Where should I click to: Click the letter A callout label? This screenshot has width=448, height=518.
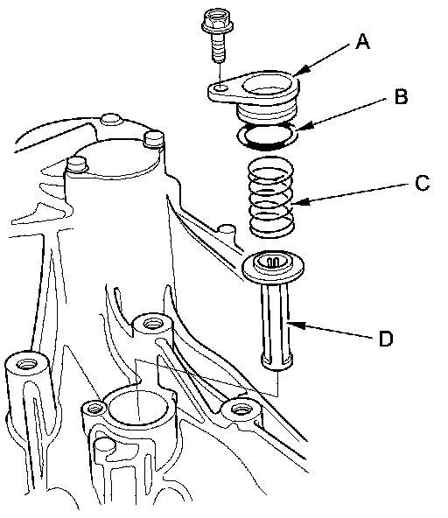[362, 41]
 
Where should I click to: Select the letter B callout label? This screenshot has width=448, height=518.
[402, 97]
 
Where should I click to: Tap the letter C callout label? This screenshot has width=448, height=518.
[423, 183]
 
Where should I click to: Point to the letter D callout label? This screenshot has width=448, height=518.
[386, 338]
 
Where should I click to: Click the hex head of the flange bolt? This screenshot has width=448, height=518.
[217, 22]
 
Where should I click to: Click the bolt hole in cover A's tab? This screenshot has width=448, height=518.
[220, 88]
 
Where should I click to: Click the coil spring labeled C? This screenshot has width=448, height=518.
[271, 197]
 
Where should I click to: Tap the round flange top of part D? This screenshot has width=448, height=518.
[273, 265]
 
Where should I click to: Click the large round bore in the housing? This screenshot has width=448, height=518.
[139, 405]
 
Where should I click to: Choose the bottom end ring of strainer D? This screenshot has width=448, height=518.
[276, 361]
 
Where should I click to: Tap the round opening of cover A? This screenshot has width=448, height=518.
[267, 85]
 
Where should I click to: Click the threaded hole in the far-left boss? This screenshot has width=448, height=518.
[25, 364]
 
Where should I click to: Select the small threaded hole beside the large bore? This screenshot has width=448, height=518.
[94, 409]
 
